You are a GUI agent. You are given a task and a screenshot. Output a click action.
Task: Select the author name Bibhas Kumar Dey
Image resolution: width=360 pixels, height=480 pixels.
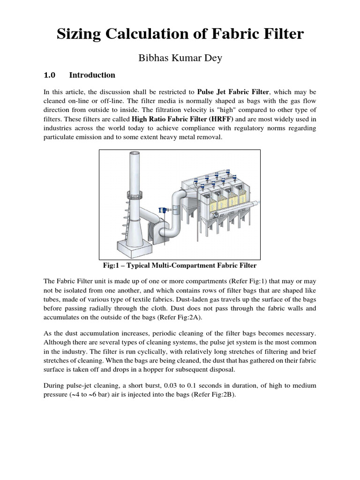tap(180, 59)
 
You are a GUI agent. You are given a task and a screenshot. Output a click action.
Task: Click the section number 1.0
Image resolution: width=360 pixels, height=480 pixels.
tap(50, 75)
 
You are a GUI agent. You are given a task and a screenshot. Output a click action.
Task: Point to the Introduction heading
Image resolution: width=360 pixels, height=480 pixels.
tap(92, 75)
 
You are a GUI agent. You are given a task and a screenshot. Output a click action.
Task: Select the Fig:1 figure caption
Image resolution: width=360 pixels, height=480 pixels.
tap(180, 265)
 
